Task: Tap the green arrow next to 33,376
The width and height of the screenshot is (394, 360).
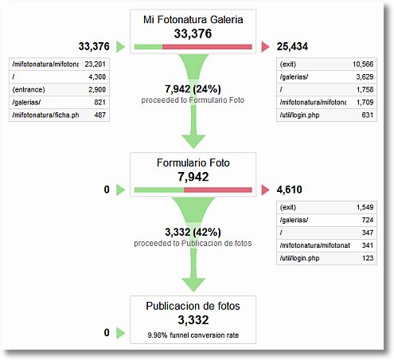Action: pos(120,48)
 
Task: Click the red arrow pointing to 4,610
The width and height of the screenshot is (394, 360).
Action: pos(265,190)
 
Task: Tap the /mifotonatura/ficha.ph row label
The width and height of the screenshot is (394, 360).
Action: pos(45,116)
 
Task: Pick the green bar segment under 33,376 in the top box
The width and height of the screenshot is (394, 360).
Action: pos(149,48)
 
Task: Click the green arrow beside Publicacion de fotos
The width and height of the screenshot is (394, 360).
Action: pos(120,333)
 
